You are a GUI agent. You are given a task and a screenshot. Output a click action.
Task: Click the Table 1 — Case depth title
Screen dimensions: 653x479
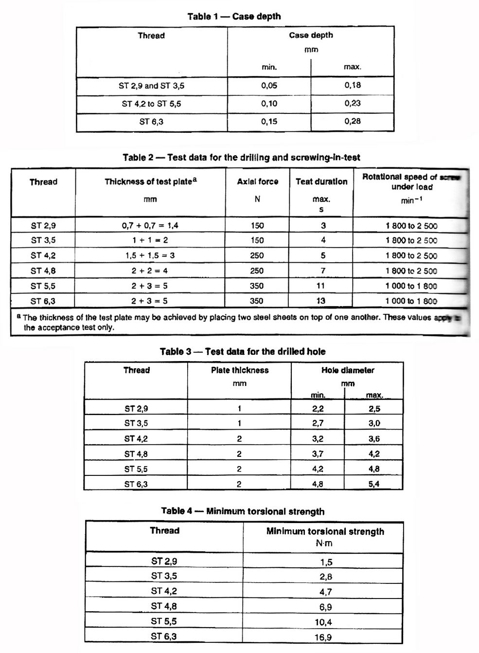click(x=234, y=17)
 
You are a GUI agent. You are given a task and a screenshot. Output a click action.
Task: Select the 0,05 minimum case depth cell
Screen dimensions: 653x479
click(x=269, y=86)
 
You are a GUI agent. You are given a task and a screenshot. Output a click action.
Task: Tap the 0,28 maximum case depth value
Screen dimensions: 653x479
click(x=353, y=121)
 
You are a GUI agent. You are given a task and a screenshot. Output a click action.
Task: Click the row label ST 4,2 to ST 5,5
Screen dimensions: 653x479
click(x=151, y=104)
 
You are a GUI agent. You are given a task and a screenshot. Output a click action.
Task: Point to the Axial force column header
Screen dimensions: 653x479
click(x=257, y=181)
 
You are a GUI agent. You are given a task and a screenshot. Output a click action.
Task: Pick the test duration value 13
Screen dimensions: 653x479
click(x=321, y=301)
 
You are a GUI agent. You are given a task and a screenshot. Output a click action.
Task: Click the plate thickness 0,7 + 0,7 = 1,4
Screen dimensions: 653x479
click(x=150, y=225)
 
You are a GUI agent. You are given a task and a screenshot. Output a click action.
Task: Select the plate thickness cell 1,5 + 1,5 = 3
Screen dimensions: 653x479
click(x=150, y=255)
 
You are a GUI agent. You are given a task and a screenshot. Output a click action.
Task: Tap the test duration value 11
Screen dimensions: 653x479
click(x=321, y=286)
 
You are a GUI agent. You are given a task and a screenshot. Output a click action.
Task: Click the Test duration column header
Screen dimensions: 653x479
click(x=321, y=181)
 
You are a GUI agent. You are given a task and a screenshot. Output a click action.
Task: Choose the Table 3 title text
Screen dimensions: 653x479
click(x=243, y=351)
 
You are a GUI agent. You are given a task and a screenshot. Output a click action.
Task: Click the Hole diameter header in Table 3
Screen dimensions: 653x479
click(x=348, y=370)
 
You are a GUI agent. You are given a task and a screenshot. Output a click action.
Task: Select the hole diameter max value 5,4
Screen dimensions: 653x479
click(x=373, y=484)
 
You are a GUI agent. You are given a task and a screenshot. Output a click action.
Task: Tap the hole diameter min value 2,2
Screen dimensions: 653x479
click(x=318, y=409)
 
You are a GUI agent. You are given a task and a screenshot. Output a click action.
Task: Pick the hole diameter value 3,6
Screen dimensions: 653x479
click(x=374, y=438)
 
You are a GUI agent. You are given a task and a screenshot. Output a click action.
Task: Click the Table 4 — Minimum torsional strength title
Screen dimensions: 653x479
click(x=243, y=511)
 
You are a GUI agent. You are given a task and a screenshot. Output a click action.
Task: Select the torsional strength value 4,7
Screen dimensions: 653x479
click(x=325, y=592)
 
